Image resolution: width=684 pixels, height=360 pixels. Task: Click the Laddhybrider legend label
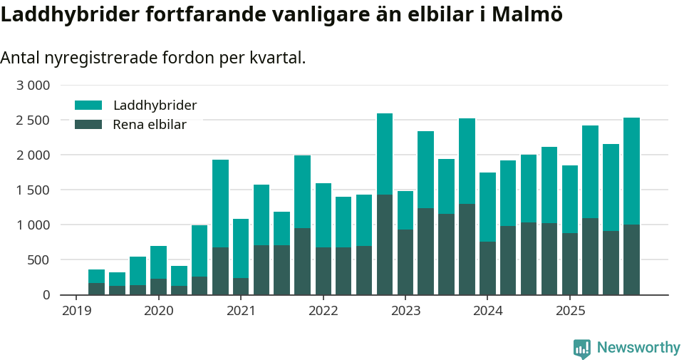pyautogui.click(x=155, y=106)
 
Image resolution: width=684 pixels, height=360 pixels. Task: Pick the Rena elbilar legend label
pyautogui.click(x=150, y=125)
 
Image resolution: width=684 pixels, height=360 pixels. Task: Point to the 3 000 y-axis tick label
pyautogui.click(x=33, y=86)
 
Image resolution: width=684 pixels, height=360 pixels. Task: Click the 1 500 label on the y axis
pyautogui.click(x=33, y=190)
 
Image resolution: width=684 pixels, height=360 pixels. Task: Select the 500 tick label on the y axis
pyautogui.click(x=39, y=259)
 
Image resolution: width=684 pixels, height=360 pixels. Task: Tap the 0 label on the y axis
pyautogui.click(x=46, y=294)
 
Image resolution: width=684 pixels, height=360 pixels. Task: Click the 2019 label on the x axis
pyautogui.click(x=76, y=311)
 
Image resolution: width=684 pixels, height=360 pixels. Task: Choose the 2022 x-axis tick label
pyautogui.click(x=323, y=311)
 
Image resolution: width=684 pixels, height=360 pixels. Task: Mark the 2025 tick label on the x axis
pyautogui.click(x=570, y=311)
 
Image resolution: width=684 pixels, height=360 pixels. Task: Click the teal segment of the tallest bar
pyautogui.click(x=385, y=153)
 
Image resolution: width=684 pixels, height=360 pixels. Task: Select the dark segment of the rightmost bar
pyautogui.click(x=631, y=259)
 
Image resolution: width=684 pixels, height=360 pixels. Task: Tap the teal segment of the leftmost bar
pyautogui.click(x=96, y=276)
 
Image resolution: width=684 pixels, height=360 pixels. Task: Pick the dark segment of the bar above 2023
pyautogui.click(x=405, y=262)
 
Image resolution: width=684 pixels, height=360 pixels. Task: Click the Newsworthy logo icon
pyautogui.click(x=582, y=348)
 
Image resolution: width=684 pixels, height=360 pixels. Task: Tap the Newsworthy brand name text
pyautogui.click(x=638, y=348)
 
